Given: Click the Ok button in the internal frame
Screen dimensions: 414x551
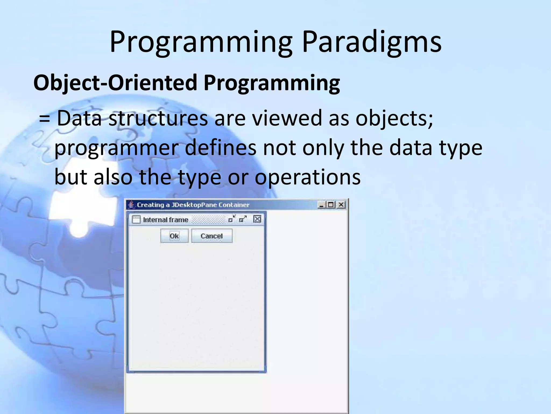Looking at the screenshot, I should (174, 236).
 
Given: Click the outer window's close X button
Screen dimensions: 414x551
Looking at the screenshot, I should (341, 205).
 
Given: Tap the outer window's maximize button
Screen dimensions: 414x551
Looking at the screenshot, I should (331, 205).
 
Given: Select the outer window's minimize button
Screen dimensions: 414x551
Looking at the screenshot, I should (322, 205).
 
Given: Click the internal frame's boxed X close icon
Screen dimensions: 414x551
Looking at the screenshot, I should (257, 219).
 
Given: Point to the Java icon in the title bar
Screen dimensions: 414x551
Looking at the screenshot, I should (131, 205).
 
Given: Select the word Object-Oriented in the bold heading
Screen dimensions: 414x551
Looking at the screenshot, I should (115, 82).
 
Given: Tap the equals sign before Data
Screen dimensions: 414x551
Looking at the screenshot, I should (44, 119).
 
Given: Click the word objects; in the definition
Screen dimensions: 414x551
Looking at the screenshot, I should (394, 119).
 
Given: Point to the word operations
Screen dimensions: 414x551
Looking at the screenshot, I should (308, 177).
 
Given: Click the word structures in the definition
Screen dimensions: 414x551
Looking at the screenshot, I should (158, 119).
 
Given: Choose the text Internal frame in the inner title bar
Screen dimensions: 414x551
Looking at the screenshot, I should (165, 220).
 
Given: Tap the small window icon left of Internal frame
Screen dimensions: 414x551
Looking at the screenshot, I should (136, 220).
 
